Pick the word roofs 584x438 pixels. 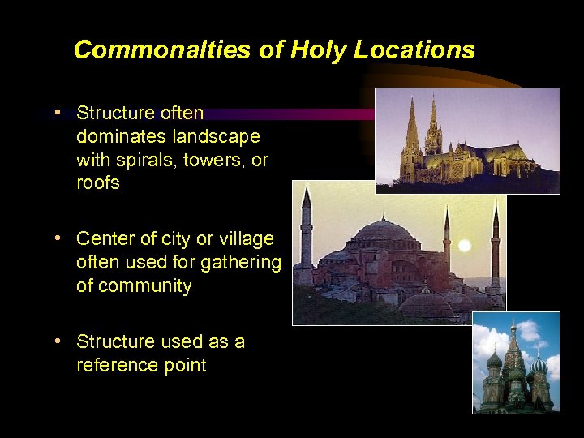pyautogui.click(x=98, y=183)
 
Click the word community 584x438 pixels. pyautogui.click(x=145, y=286)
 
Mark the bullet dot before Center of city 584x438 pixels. pyautogui.click(x=59, y=238)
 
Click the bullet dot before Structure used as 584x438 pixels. pyautogui.click(x=59, y=341)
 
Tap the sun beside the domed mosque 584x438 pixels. pyautogui.click(x=465, y=246)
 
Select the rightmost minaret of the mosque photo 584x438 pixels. pyautogui.click(x=496, y=243)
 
